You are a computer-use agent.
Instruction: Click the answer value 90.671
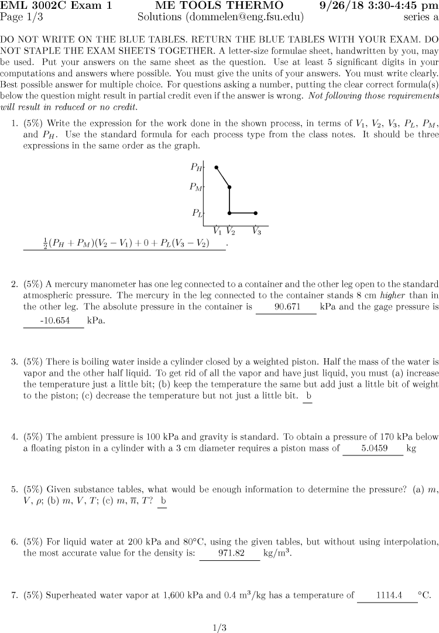tap(286, 307)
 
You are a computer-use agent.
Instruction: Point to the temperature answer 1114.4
tap(387, 595)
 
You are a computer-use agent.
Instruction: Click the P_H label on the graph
tap(197, 167)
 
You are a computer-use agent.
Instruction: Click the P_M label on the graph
tap(196, 188)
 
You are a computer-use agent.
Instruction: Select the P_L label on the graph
tap(197, 213)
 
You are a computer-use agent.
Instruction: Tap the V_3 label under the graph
tap(256, 231)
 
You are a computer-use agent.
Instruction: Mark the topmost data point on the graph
tap(217, 168)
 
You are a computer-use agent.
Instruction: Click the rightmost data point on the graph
tap(256, 213)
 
